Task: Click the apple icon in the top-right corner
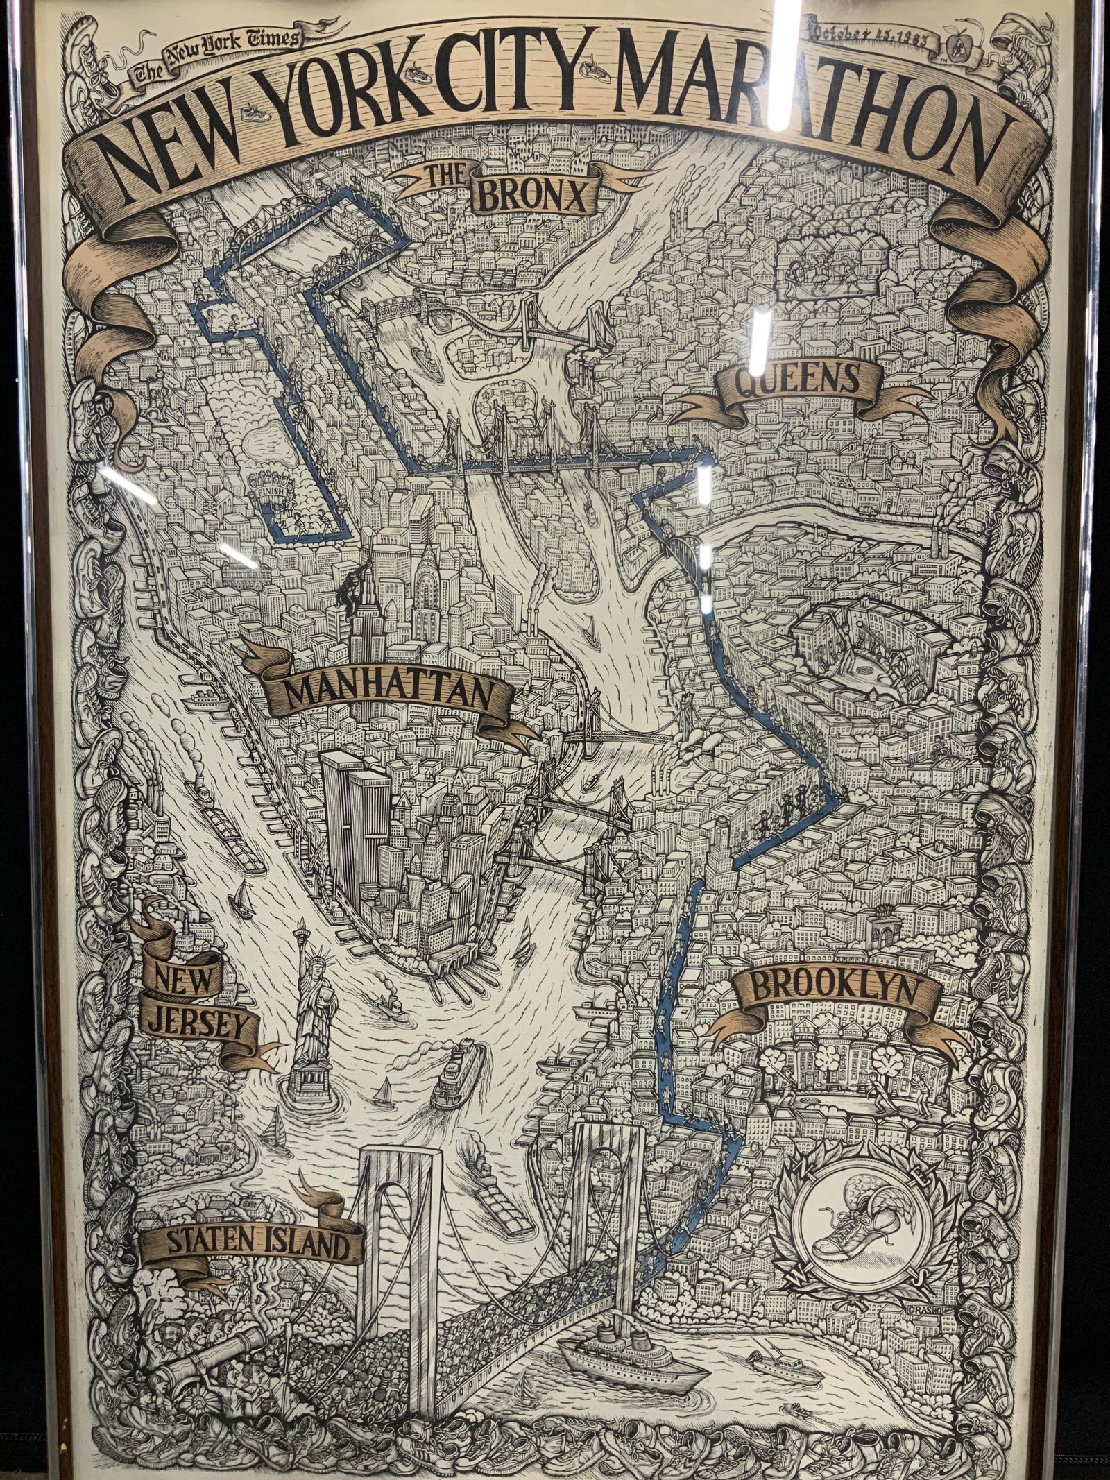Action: pyautogui.click(x=958, y=46)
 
